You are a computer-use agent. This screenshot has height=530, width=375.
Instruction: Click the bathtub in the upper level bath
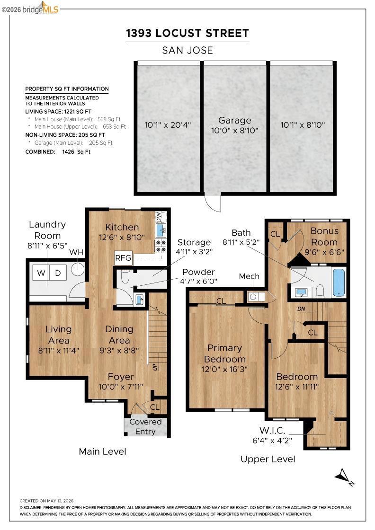coord(339,283)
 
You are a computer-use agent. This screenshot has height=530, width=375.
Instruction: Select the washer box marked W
coord(41,273)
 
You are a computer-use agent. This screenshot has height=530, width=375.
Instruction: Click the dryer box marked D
coord(58,273)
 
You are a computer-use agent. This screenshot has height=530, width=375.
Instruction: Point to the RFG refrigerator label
coord(123,258)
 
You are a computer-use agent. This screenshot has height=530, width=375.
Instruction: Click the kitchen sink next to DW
coord(161,230)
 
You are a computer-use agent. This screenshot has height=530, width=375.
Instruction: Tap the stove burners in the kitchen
coord(161,246)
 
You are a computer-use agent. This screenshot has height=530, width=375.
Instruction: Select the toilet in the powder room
coord(125,277)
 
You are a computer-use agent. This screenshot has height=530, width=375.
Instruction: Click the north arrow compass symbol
coord(345,477)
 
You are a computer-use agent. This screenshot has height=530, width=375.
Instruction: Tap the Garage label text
coord(235,120)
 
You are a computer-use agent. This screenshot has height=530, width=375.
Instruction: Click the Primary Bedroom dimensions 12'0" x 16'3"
coord(224,369)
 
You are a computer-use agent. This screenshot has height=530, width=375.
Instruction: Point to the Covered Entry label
coord(145,426)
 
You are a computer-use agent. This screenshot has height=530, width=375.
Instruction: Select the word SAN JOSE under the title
coord(187,50)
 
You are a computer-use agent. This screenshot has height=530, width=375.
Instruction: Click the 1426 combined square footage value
coord(68,152)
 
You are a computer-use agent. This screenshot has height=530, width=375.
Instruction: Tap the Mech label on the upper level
coord(249,276)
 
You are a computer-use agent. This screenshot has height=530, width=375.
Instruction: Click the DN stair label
coord(301,309)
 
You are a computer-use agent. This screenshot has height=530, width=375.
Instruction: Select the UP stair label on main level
coord(155,367)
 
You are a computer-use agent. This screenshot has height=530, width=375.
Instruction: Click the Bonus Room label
coord(324,237)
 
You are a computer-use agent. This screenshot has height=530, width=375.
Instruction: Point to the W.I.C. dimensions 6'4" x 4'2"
coord(272,441)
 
